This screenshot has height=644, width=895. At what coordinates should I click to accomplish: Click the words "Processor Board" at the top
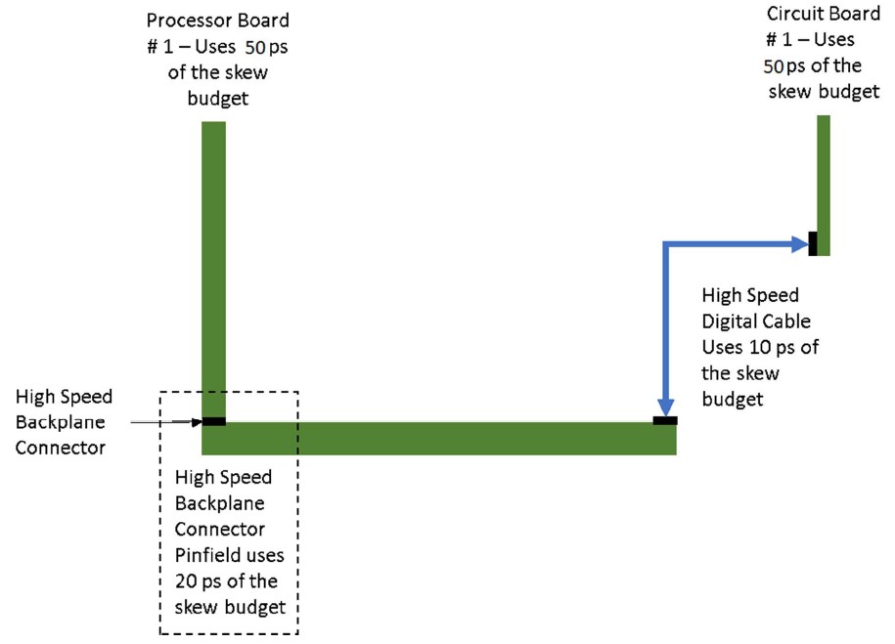tap(217, 21)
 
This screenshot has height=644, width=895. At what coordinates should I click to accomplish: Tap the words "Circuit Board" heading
tap(812, 15)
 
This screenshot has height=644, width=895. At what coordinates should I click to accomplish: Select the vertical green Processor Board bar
tap(213, 264)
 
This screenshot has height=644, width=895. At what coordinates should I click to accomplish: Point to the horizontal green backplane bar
tap(440, 439)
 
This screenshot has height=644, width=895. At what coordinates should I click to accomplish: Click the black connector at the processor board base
tap(213, 421)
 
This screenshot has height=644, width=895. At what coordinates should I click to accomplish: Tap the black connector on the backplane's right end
tap(664, 421)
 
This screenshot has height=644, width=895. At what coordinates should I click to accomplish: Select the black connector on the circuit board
tap(813, 242)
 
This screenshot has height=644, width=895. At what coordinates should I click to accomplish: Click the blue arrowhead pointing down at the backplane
tap(665, 408)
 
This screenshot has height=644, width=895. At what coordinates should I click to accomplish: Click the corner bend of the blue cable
tap(665, 242)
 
